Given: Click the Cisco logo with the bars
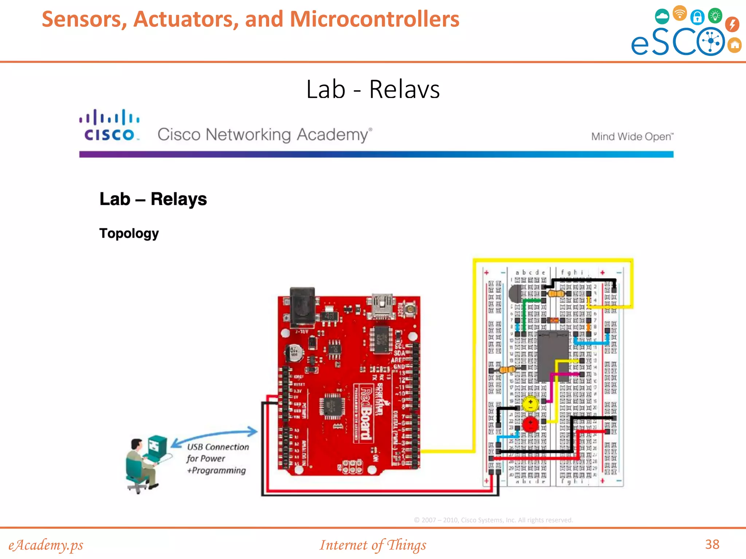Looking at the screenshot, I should (109, 126).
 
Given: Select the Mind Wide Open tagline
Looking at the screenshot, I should (632, 136).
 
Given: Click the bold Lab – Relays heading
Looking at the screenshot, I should (153, 199).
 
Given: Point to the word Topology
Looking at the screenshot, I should (129, 233).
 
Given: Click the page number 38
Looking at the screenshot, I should (712, 544).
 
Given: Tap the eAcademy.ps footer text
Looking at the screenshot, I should (46, 545).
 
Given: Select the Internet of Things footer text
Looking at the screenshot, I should (373, 545).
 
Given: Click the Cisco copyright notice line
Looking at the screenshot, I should (493, 520).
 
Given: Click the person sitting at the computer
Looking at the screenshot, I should (140, 464).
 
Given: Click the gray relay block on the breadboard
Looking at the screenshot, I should (553, 357).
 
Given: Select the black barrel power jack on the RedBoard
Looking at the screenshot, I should (302, 306).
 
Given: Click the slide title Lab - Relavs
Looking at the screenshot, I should (373, 89).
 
